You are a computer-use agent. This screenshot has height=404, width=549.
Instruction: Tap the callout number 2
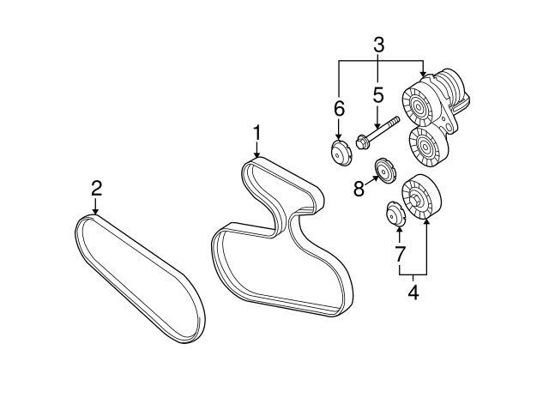tap(96, 187)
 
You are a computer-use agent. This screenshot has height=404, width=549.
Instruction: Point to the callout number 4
tap(413, 292)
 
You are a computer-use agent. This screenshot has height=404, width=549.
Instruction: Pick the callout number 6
tap(339, 108)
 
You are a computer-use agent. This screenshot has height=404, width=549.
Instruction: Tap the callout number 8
tap(359, 188)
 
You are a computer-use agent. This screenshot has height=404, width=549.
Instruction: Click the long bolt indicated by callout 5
tap(377, 130)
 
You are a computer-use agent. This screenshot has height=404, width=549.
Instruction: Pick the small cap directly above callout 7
tap(395, 211)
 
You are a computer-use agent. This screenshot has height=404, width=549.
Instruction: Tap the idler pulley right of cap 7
tap(419, 197)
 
